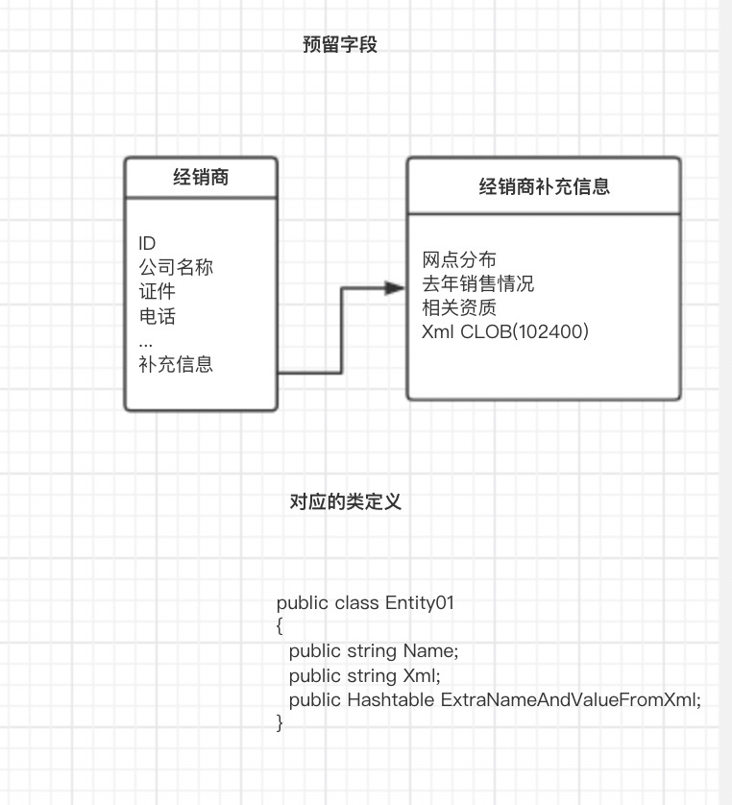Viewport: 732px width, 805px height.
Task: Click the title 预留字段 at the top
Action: click(340, 44)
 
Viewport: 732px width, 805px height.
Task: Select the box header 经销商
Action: click(201, 177)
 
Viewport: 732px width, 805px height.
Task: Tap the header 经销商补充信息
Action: click(544, 186)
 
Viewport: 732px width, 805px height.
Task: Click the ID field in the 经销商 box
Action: click(147, 244)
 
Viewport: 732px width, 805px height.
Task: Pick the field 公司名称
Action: click(176, 267)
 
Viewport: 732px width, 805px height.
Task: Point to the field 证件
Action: click(158, 291)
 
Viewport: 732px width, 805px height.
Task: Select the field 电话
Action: click(158, 315)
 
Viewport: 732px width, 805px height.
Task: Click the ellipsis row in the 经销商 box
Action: click(146, 341)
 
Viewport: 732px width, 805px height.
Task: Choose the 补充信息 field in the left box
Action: click(176, 364)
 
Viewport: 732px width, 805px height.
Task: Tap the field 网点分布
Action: click(459, 259)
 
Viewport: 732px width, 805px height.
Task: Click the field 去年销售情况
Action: click(477, 283)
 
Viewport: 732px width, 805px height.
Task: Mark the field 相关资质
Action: click(459, 307)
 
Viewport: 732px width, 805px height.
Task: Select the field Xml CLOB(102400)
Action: click(505, 331)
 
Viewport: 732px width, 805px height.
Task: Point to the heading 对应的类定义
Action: click(345, 501)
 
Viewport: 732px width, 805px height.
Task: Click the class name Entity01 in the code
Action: click(419, 603)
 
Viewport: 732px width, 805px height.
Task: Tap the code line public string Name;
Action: click(373, 650)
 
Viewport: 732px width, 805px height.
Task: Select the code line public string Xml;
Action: click(364, 675)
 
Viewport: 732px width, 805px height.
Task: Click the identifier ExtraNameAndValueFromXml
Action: click(571, 699)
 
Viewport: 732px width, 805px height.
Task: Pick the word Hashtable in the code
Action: click(391, 699)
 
